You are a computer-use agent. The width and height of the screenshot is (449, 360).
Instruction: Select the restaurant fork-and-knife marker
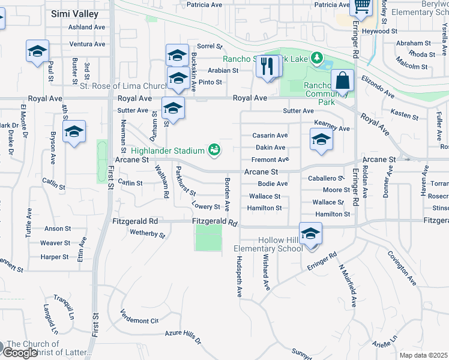[x=268, y=65]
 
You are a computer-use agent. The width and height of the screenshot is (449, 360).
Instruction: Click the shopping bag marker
[x=342, y=81]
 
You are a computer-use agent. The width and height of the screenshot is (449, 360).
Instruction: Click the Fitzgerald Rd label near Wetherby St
[x=135, y=221]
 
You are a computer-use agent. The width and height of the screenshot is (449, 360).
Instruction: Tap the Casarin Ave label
[x=270, y=136]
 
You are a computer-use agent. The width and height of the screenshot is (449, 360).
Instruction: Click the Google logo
[x=20, y=353]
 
